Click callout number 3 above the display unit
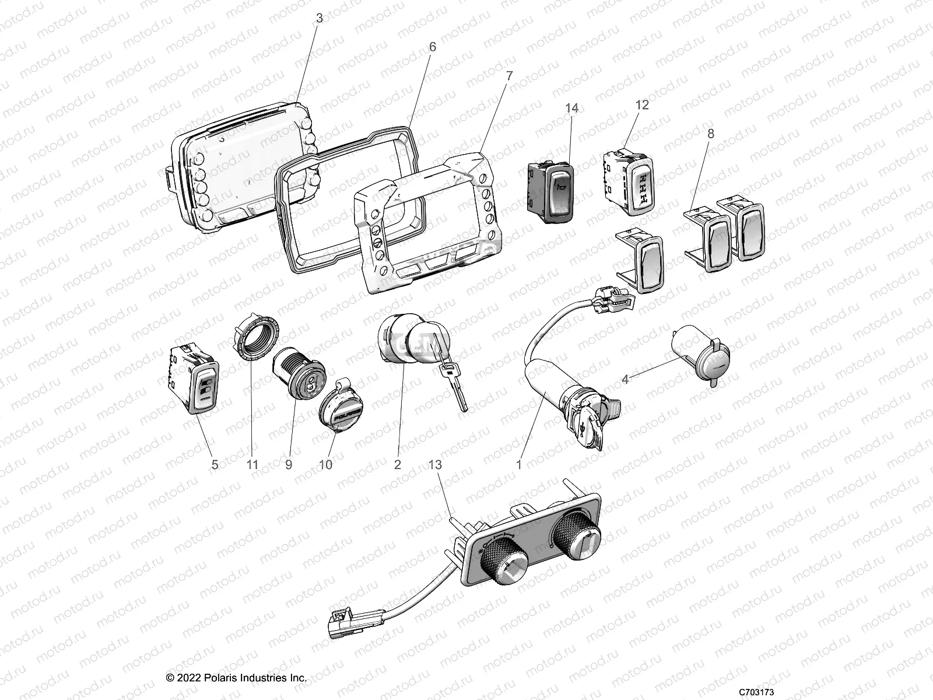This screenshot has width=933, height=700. (x=319, y=19)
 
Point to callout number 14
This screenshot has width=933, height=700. (x=571, y=108)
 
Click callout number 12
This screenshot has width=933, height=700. (x=641, y=105)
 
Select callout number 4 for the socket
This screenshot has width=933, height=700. (x=625, y=379)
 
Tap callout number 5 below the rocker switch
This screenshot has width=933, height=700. (x=215, y=465)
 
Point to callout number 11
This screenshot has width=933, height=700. (x=252, y=465)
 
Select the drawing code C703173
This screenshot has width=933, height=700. (x=756, y=692)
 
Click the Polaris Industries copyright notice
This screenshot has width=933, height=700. (x=236, y=678)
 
